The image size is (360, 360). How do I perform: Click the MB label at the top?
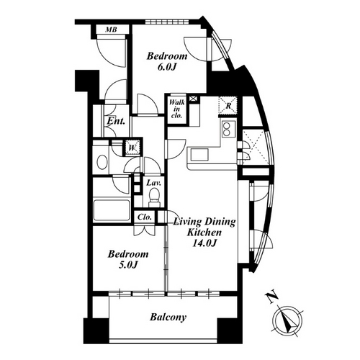[x=112, y=30]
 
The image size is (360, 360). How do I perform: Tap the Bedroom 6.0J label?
[x=167, y=61]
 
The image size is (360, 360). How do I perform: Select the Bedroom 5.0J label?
[x=128, y=259]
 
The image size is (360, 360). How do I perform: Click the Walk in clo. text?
[x=177, y=109]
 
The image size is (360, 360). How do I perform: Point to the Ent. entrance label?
[x=116, y=121]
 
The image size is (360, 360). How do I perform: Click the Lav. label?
[x=153, y=183]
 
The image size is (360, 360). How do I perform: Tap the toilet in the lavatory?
[x=154, y=197]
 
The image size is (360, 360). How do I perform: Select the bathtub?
[x=112, y=210]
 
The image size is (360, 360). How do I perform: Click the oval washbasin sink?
[x=102, y=162]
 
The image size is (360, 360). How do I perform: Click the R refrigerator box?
[x=228, y=106]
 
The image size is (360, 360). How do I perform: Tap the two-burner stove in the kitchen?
[x=227, y=129]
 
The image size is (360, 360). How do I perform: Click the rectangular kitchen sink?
[x=199, y=155]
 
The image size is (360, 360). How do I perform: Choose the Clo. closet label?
[x=145, y=217]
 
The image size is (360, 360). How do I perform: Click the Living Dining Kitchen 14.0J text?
[x=204, y=233]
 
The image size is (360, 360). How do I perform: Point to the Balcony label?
[x=168, y=318]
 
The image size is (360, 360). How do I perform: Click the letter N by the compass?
[x=271, y=297]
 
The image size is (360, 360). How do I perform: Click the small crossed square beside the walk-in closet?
[x=194, y=99]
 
